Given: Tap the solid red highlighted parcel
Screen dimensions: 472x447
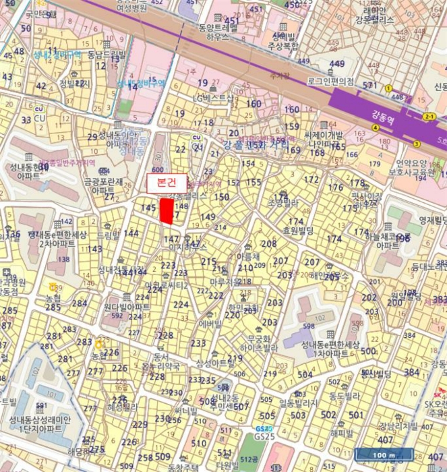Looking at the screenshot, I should coord(166,210).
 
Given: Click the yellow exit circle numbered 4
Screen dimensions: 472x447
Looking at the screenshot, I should coord(375,127).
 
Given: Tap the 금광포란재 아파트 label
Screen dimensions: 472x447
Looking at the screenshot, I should coord(102,186).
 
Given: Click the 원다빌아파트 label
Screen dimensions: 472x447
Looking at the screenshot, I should coord(127,307).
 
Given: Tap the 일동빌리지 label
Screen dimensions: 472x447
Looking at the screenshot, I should coord(298,403).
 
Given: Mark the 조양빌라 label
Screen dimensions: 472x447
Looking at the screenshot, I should coord(282,202).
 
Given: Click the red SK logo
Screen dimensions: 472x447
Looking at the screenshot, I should coord(439,394).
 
